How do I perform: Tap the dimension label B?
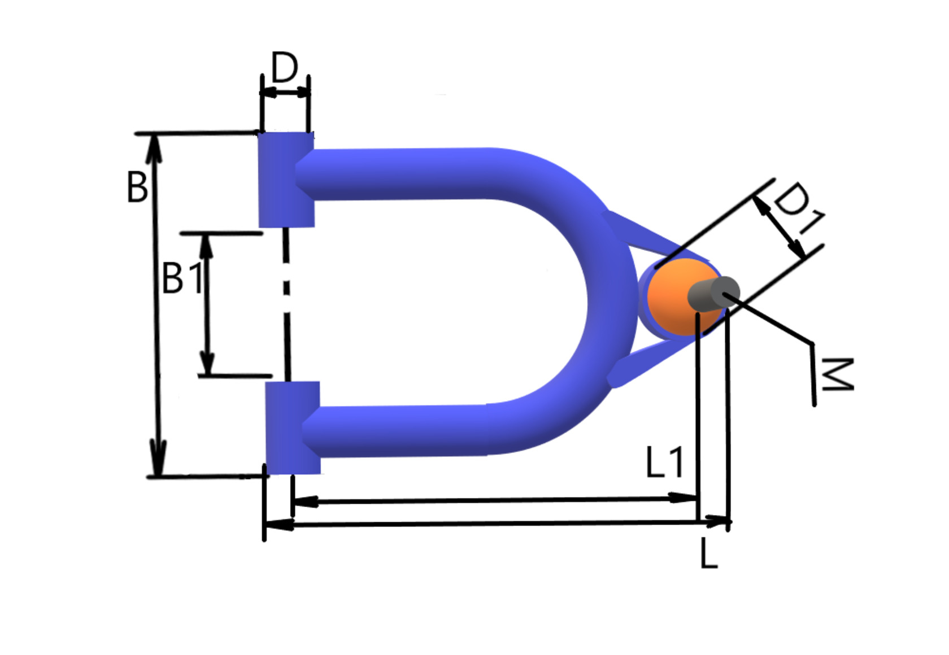coord(137,187)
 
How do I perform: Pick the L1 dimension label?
coord(664,462)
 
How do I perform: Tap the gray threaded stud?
coord(713,294)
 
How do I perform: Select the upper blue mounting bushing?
coord(286,180)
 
